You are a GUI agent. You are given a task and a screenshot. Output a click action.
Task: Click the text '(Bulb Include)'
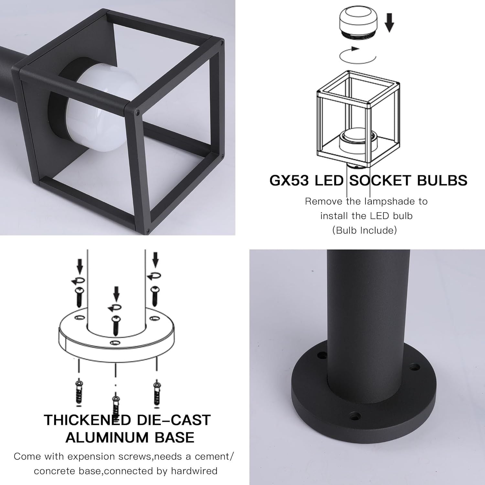(364, 230)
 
